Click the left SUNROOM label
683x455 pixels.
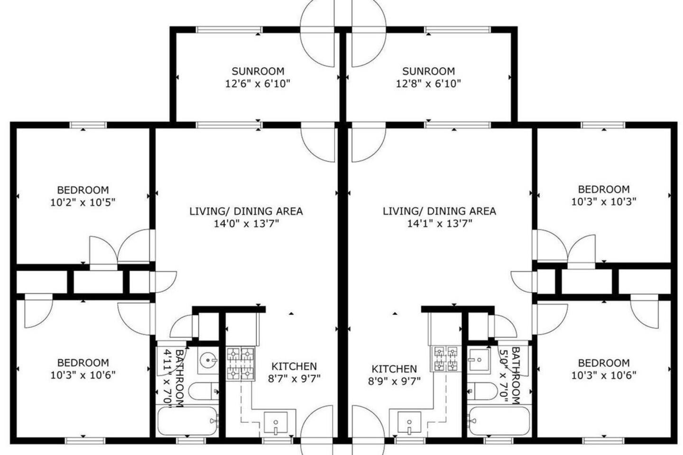click(x=258, y=71)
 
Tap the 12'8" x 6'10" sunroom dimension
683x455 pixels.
click(x=428, y=83)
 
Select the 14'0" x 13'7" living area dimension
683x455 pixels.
click(x=246, y=224)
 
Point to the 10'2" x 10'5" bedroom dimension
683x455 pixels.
click(x=83, y=202)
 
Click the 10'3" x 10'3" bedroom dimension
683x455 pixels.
click(x=604, y=202)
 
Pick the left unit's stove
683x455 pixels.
click(x=240, y=364)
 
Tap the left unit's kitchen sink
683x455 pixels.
click(x=276, y=422)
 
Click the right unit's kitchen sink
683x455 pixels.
click(x=409, y=422)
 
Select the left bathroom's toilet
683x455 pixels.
click(x=203, y=391)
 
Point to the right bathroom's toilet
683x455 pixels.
click(x=482, y=391)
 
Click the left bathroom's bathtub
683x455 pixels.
click(x=187, y=421)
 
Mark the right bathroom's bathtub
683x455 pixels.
click(x=499, y=421)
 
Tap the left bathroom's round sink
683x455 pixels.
click(x=209, y=360)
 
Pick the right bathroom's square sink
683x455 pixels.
click(x=479, y=360)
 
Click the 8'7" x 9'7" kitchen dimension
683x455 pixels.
click(x=294, y=379)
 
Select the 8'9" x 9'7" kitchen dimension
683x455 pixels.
click(x=394, y=381)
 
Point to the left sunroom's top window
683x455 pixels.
click(x=229, y=30)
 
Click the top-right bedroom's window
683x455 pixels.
click(x=603, y=125)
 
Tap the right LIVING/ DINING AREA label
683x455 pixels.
click(x=439, y=211)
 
